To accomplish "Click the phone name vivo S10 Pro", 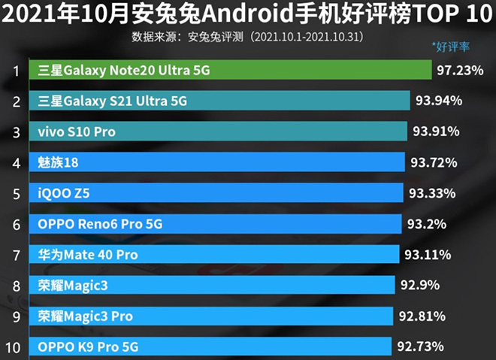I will (77, 132).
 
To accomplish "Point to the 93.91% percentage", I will (436, 132).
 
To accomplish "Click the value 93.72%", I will (434, 162).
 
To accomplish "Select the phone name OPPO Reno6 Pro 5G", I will (100, 224).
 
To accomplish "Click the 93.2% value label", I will (427, 224).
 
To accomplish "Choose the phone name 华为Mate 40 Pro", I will (88, 255).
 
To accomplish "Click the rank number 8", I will (15, 286).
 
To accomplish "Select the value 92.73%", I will (419, 346).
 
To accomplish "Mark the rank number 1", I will (15, 71).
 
